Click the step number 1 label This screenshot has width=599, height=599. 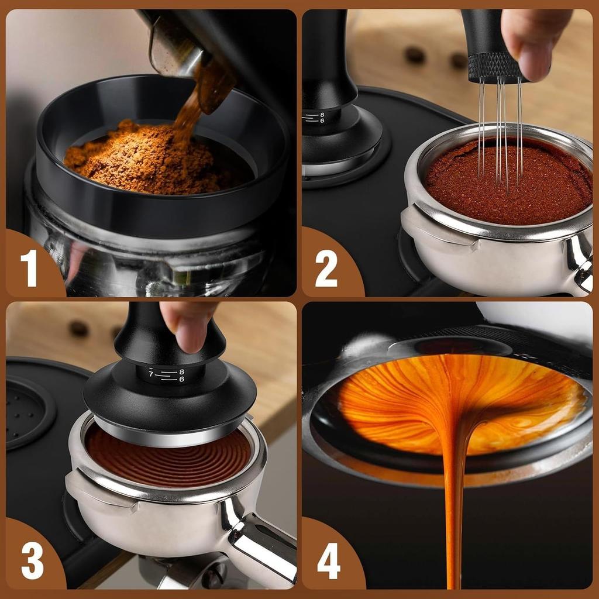click(x=29, y=268)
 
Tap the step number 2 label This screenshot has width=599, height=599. click(x=326, y=268)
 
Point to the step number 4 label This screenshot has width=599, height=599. click(x=329, y=562)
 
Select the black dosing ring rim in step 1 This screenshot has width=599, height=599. click(x=158, y=211)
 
